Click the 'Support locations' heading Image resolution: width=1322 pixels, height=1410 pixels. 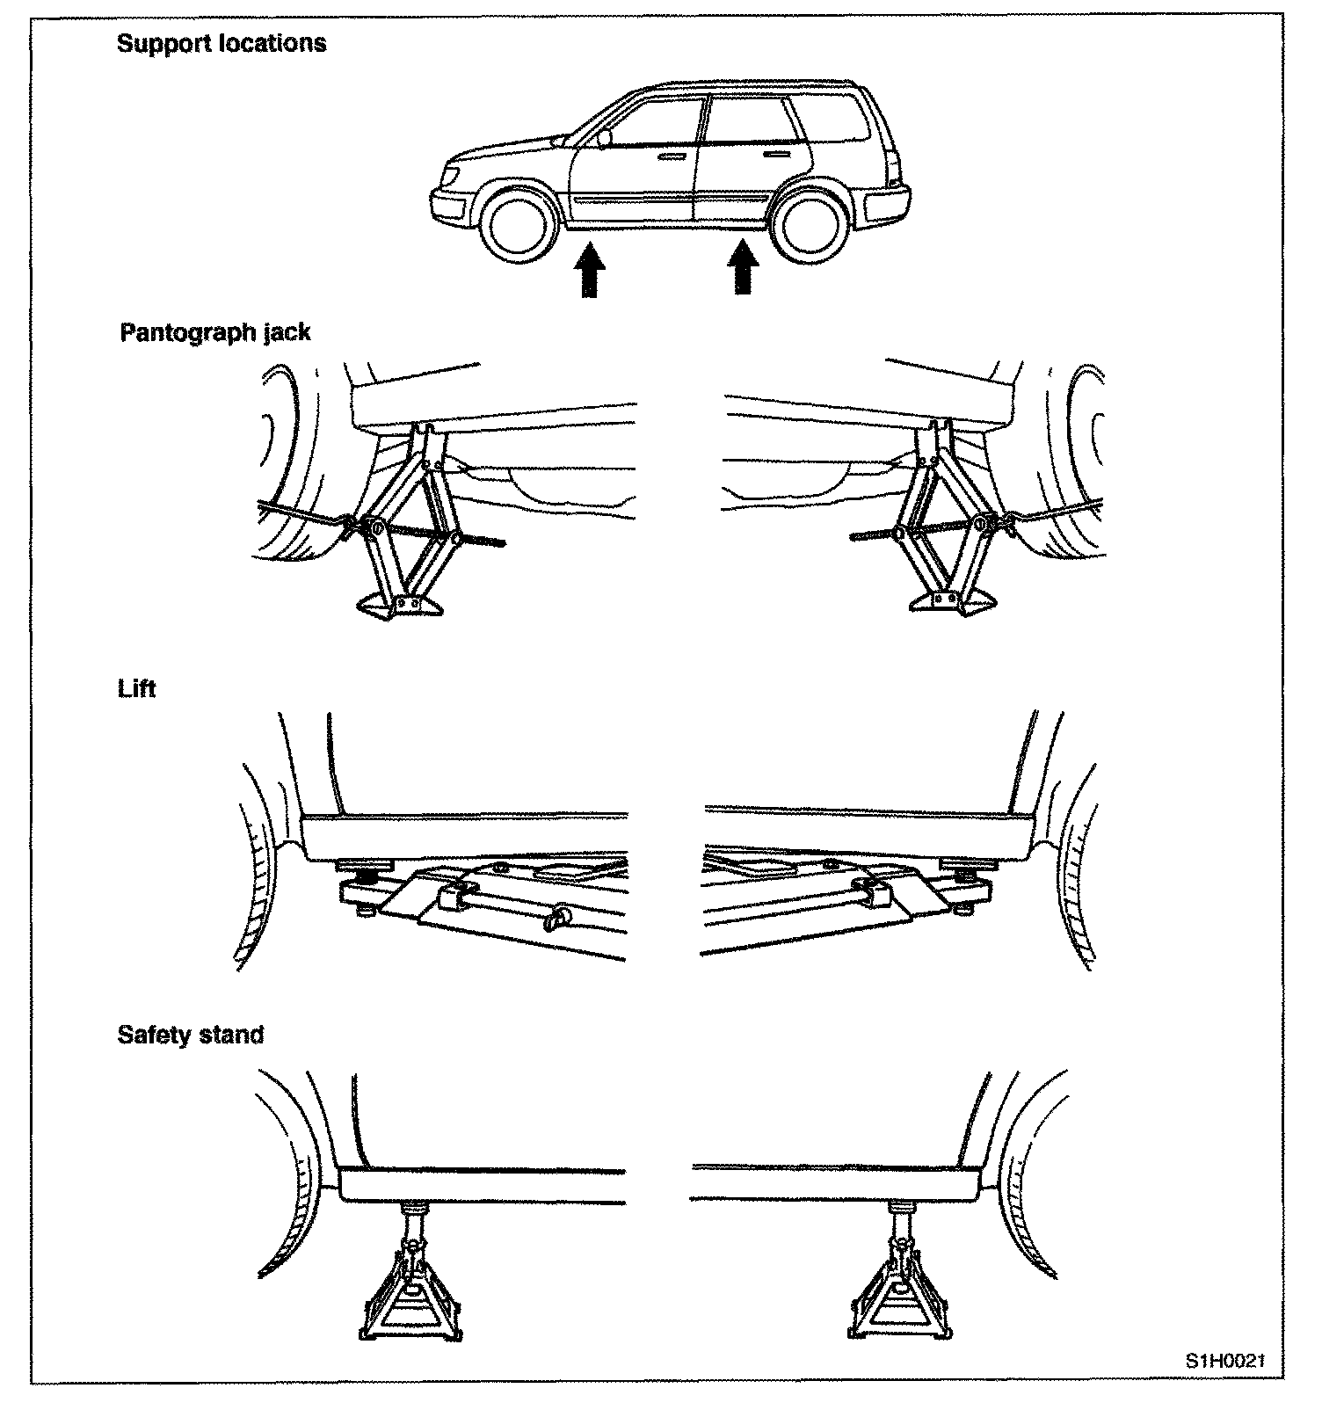pos(222,44)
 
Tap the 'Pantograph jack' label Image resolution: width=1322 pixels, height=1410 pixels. pos(215,332)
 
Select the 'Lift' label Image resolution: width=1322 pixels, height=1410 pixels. pos(136,688)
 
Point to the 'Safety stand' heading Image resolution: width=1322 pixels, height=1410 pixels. pos(191,1035)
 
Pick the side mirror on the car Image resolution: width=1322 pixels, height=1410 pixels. pos(603,139)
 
